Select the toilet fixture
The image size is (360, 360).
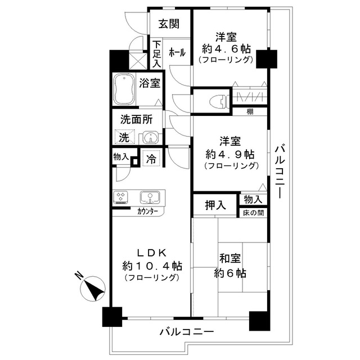coord(218,100)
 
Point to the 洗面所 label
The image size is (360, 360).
coord(136,119)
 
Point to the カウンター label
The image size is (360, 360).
coord(147,212)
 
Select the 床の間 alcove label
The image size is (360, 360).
coord(252,213)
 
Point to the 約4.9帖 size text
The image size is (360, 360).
coord(229,154)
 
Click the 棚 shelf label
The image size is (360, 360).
coord(250,111)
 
